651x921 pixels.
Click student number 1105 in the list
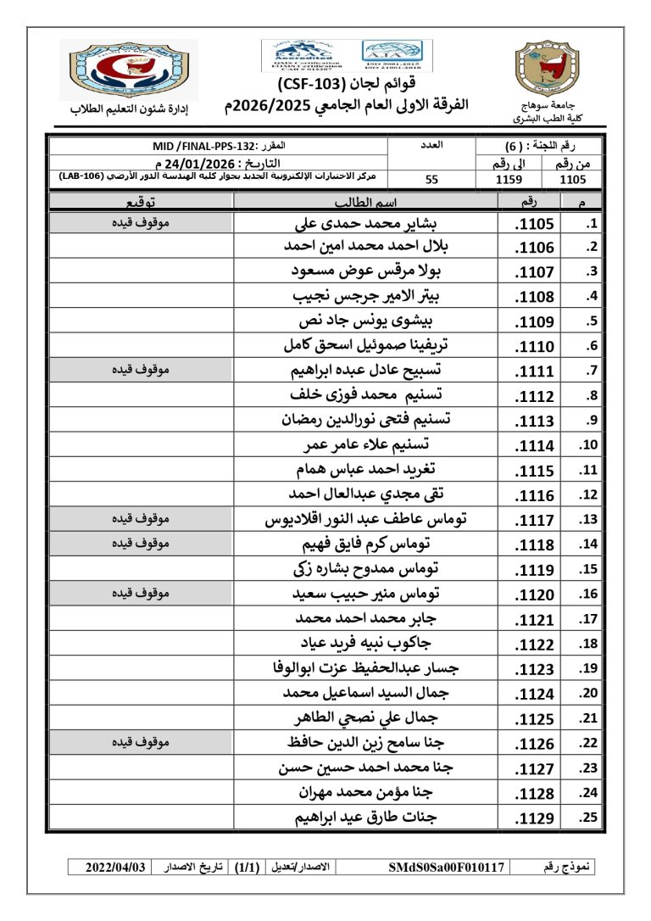tap(534, 224)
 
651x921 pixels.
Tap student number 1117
tap(534, 520)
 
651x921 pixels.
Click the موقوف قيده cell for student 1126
tap(141, 743)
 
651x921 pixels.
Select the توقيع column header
tap(141, 202)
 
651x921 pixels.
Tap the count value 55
tap(431, 180)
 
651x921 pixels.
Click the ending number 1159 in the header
tap(509, 180)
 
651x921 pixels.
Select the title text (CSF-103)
tap(312, 85)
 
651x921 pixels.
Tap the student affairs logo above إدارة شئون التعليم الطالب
tap(128, 70)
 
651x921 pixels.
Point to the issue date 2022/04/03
tap(116, 868)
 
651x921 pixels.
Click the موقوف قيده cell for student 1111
tap(141, 371)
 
